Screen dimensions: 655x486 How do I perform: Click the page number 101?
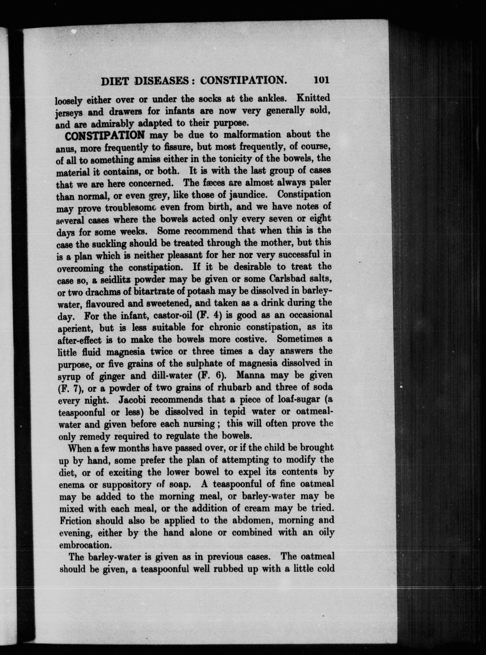(321, 80)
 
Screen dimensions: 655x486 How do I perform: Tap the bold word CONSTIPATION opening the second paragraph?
(105, 136)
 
